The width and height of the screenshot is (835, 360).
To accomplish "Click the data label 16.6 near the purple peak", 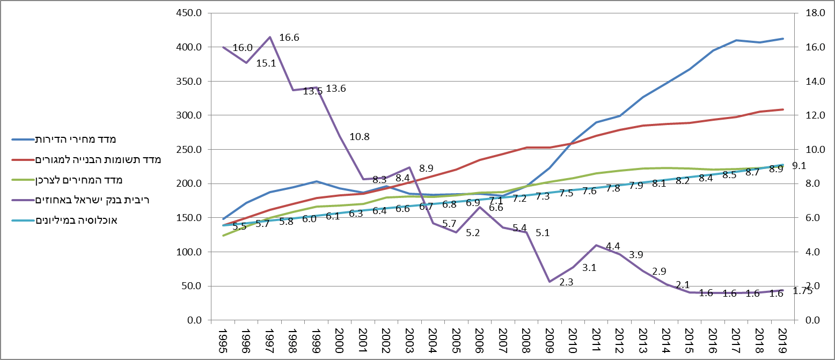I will pyautogui.click(x=289, y=38).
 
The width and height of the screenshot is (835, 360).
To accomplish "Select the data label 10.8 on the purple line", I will pyautogui.click(x=360, y=137).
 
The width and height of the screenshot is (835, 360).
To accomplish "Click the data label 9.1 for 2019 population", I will pyautogui.click(x=799, y=166).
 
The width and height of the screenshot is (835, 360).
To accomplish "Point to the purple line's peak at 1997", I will pyautogui.click(x=269, y=37).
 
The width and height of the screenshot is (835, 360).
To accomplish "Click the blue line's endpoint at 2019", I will pyautogui.click(x=783, y=39).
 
